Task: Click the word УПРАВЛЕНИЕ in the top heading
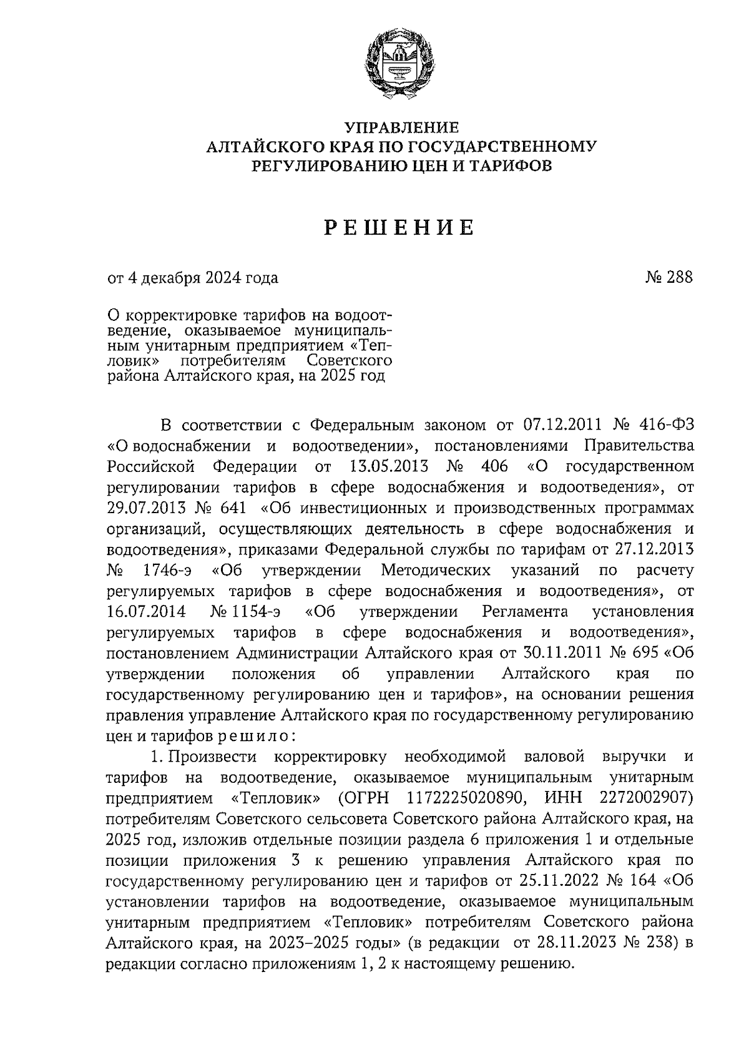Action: pos(403,128)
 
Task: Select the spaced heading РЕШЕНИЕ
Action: pos(399,228)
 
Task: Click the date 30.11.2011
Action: pos(557,654)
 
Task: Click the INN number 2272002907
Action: pos(645,798)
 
